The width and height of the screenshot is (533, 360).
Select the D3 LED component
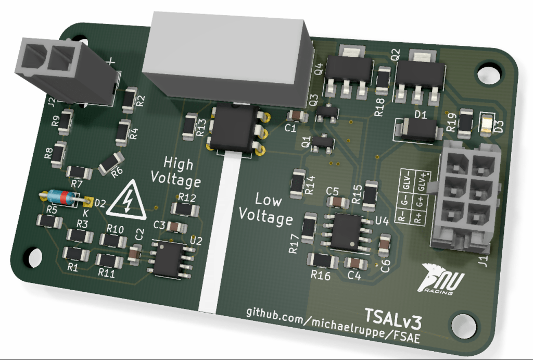[x=486, y=125]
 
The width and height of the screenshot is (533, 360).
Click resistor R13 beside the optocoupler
[x=189, y=127]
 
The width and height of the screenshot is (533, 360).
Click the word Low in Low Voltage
[x=268, y=200]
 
